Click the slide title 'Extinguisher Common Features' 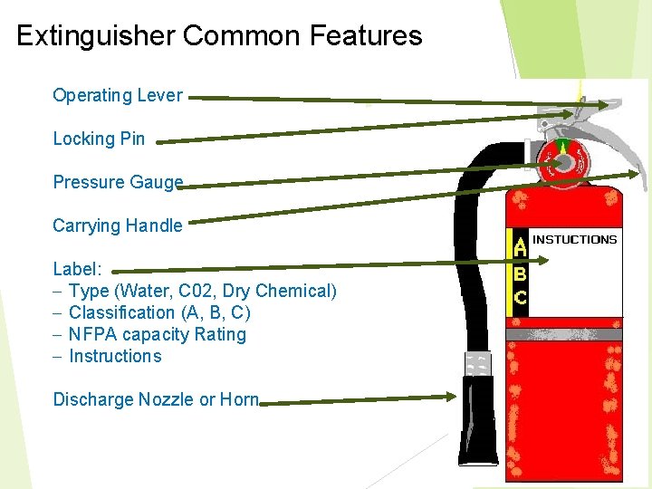[x=219, y=36]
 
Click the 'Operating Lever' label [x=118, y=95]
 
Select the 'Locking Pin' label [x=99, y=139]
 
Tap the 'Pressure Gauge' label [x=118, y=182]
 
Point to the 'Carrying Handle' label [x=118, y=225]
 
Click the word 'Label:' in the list [x=78, y=269]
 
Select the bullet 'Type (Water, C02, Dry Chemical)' [x=202, y=291]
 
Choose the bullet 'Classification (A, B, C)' [x=159, y=312]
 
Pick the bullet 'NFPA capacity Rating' [x=157, y=334]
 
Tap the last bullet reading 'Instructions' [x=115, y=356]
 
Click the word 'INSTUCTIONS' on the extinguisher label [x=575, y=240]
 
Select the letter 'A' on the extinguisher [x=521, y=244]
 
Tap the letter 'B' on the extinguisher [x=521, y=271]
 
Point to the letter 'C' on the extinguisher [x=521, y=296]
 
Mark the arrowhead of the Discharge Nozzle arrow [x=453, y=396]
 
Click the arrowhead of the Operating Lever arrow [x=605, y=105]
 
